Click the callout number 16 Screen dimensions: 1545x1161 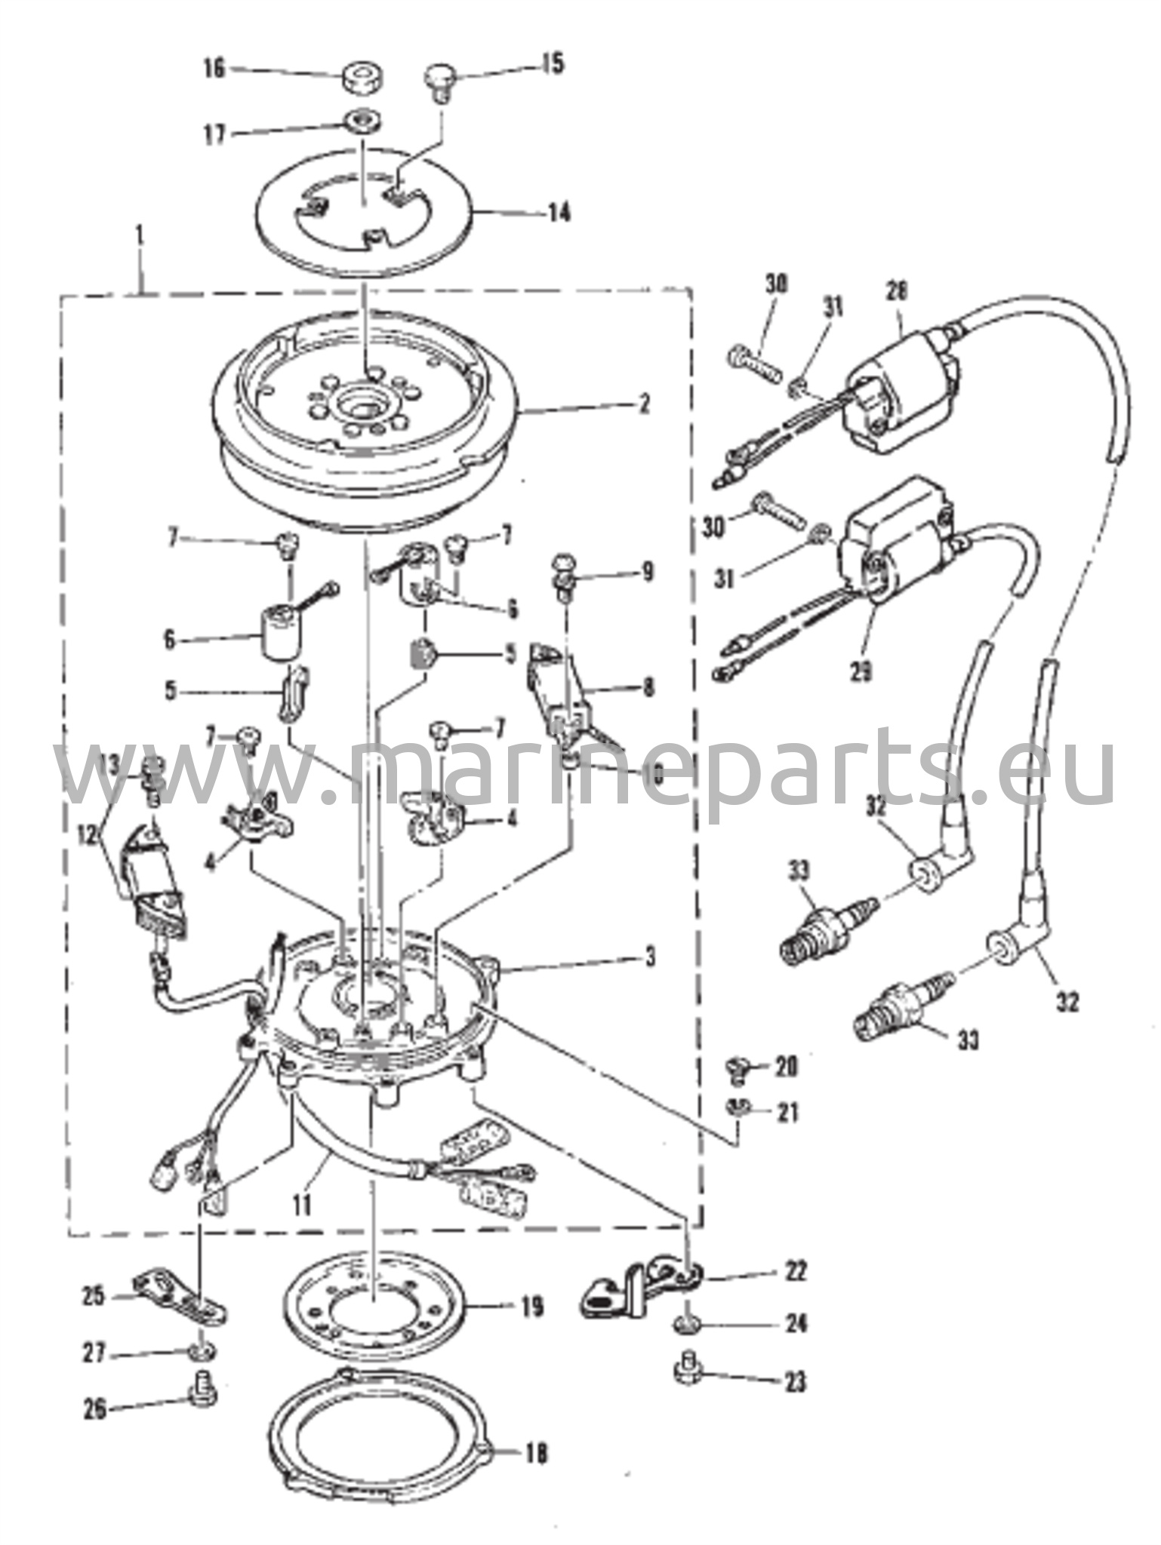pyautogui.click(x=214, y=68)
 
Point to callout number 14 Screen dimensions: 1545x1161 pyautogui.click(x=559, y=213)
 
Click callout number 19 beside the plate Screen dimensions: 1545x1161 pyautogui.click(x=531, y=1307)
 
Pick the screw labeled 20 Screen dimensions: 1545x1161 pyautogui.click(x=732, y=1066)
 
